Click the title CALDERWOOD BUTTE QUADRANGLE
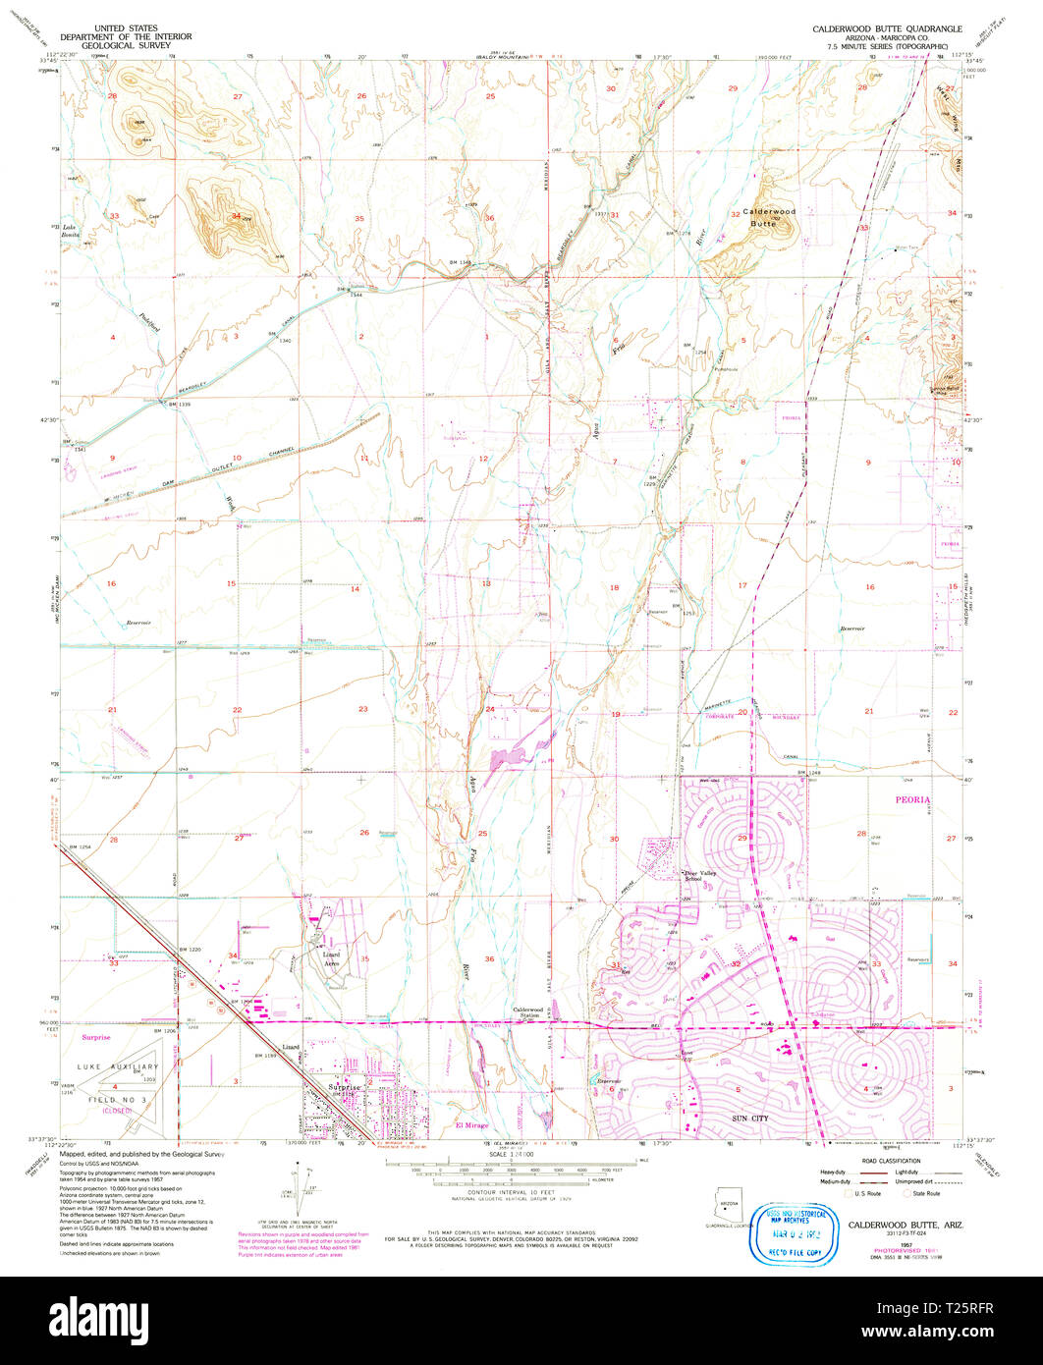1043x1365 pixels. [x=887, y=29]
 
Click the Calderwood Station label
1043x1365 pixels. [x=528, y=1010]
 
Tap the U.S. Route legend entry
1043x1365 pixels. [x=869, y=1193]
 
